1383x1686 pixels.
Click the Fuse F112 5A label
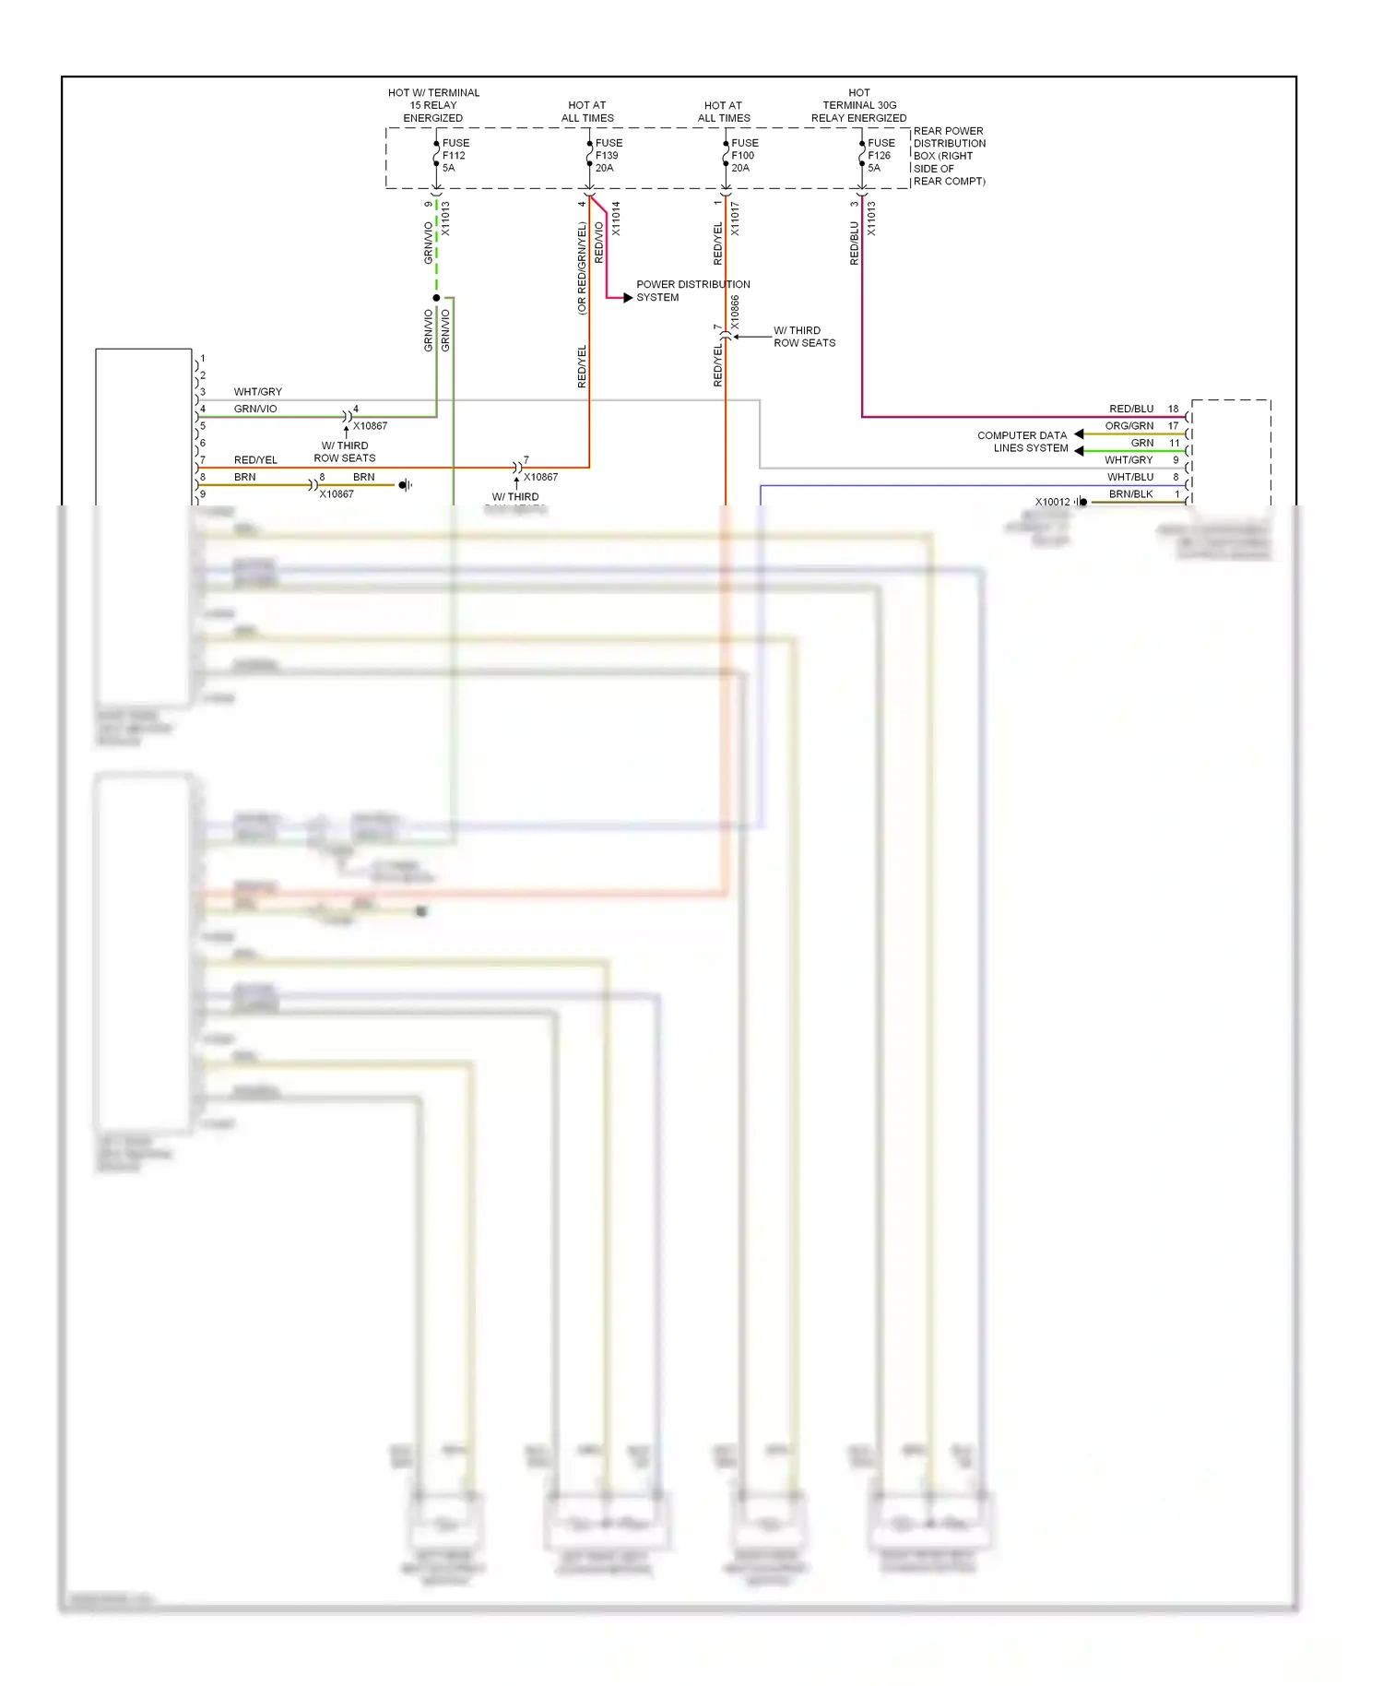click(x=455, y=155)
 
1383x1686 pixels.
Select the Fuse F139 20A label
click(x=609, y=155)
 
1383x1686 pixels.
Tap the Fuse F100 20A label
click(x=744, y=155)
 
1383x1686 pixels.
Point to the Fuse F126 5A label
click(x=881, y=155)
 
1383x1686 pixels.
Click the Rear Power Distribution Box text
click(x=949, y=156)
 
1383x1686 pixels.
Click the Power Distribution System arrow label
click(x=691, y=291)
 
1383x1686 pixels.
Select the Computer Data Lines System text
click(x=1022, y=442)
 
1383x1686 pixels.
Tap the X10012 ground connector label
click(x=1052, y=502)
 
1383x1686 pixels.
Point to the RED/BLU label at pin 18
click(x=1130, y=409)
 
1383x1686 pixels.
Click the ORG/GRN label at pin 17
click(x=1129, y=426)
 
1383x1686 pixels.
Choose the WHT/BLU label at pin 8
click(x=1129, y=477)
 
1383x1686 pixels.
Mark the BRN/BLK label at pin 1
click(x=1130, y=494)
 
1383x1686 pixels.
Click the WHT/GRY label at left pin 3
click(x=257, y=392)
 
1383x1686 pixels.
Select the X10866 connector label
click(x=735, y=312)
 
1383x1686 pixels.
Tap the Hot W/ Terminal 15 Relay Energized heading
click(x=433, y=105)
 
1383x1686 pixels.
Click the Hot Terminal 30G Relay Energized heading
click(x=858, y=105)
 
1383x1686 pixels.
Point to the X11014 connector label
click(x=616, y=219)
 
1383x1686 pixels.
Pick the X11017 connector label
click(x=735, y=219)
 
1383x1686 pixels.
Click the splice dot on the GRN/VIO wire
click(x=436, y=298)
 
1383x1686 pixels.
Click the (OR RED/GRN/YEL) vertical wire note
click(x=582, y=267)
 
